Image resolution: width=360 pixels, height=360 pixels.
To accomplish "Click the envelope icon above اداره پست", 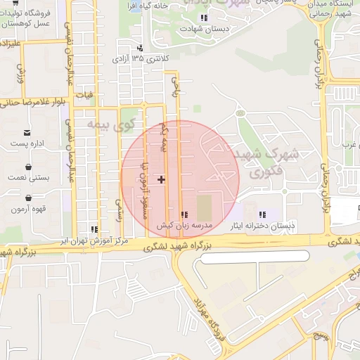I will (x=27, y=132).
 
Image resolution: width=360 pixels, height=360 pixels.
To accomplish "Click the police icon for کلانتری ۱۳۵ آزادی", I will (x=141, y=48).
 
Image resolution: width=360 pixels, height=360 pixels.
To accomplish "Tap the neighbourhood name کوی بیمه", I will (x=110, y=125).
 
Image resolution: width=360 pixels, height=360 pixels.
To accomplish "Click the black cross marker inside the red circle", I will (x=162, y=179).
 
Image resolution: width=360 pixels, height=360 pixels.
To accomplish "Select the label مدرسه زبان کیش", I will (x=184, y=226).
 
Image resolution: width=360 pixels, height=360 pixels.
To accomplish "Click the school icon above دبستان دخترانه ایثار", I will (x=263, y=215).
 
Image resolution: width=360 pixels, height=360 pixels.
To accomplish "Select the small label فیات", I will (x=84, y=93).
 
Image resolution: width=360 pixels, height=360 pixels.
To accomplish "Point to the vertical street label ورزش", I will (x=21, y=70).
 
